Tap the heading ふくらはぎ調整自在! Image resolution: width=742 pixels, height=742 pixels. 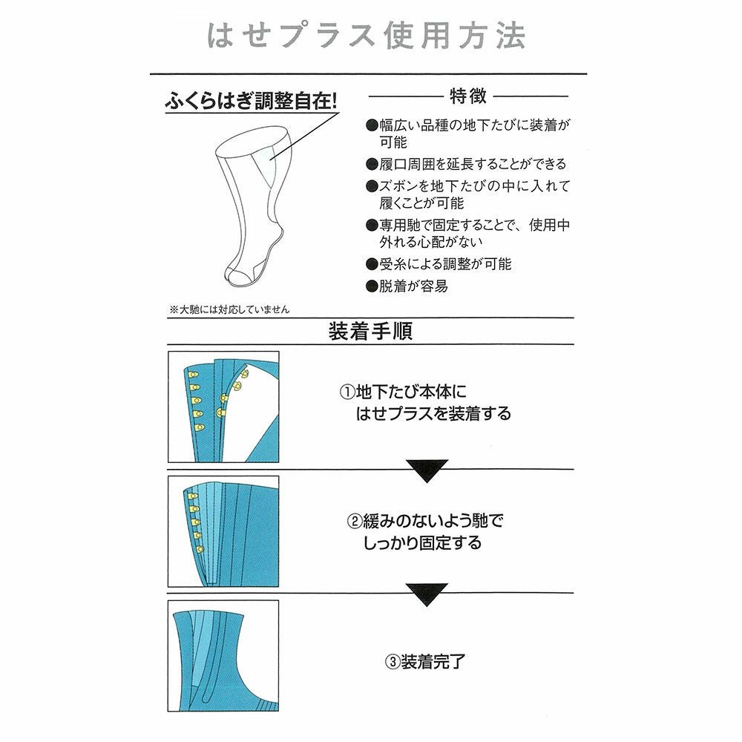coord(251,100)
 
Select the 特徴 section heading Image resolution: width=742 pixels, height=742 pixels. coord(467,96)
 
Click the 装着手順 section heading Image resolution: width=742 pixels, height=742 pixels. coord(370,331)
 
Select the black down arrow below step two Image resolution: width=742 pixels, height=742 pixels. coord(427,594)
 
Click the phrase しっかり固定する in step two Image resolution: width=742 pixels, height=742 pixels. coord(422,542)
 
